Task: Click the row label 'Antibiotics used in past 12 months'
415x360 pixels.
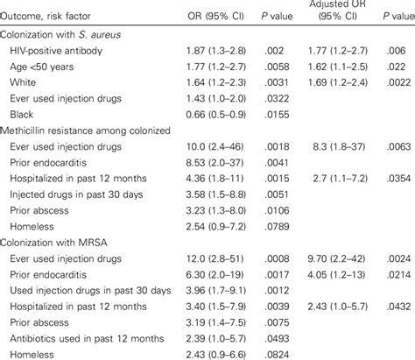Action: coord(95,332)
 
